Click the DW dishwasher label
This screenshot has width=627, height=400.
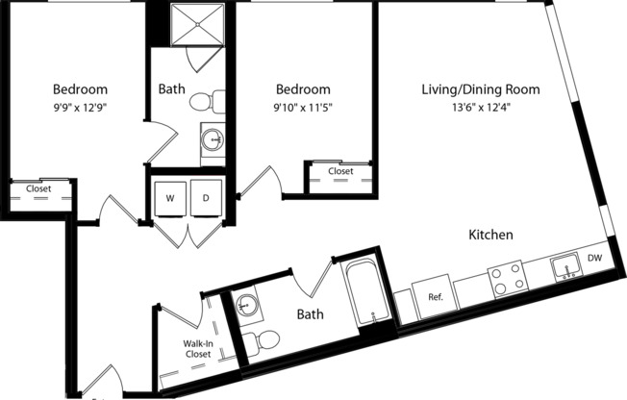click(594, 257)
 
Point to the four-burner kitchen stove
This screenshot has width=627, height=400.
click(506, 277)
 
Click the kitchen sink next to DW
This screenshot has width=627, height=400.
click(564, 265)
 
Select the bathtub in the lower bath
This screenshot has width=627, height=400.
click(365, 289)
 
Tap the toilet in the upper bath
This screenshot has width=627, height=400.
click(206, 101)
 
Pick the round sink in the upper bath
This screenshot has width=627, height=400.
click(213, 140)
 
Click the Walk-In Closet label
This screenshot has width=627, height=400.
click(197, 348)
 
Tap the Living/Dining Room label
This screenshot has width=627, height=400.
click(480, 89)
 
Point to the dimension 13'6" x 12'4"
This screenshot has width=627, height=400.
click(480, 107)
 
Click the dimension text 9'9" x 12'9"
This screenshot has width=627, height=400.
click(80, 107)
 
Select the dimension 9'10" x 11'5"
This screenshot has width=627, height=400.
click(303, 107)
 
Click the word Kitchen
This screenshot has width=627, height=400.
click(490, 235)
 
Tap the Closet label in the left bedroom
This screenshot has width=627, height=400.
click(38, 188)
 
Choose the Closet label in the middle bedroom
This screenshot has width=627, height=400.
click(340, 171)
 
